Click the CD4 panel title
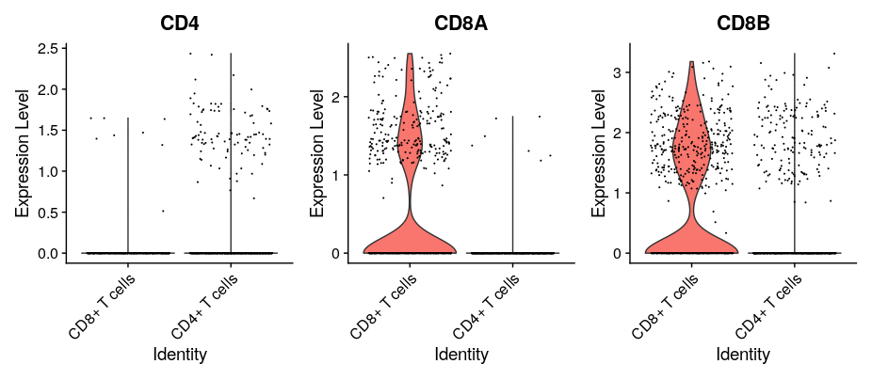click(179, 23)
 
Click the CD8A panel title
click(460, 23)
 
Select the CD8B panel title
click(743, 23)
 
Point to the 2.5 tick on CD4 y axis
click(48, 48)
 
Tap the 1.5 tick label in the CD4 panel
click(48, 130)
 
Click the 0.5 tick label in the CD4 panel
click(48, 212)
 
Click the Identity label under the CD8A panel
click(461, 355)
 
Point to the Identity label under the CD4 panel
click(180, 355)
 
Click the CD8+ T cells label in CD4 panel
click(103, 306)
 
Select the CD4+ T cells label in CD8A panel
click(487, 306)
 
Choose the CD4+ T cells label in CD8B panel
click(768, 306)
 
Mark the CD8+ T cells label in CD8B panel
click(666, 306)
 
